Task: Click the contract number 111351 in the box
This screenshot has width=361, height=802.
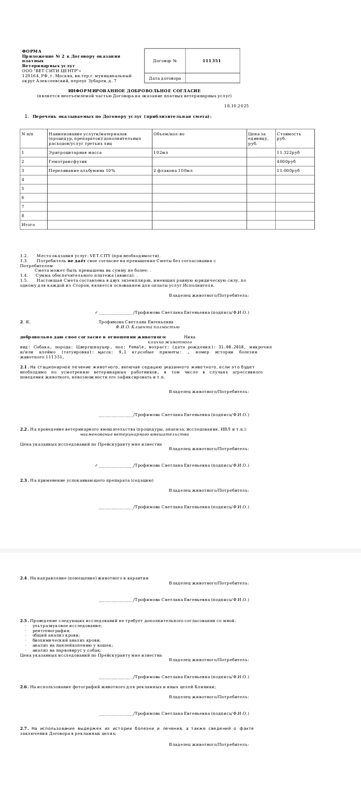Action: (x=212, y=61)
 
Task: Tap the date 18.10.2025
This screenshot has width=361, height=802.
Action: (x=236, y=106)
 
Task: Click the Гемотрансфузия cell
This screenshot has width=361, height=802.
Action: (x=68, y=161)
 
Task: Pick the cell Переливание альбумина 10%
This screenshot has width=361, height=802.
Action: (x=82, y=170)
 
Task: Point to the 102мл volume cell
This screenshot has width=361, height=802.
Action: (x=161, y=152)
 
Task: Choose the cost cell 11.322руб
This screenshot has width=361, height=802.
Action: (x=288, y=152)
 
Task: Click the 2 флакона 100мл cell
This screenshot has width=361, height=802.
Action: (x=173, y=170)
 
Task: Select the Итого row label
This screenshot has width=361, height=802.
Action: (x=28, y=225)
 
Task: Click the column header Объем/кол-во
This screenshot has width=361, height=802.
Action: (x=169, y=134)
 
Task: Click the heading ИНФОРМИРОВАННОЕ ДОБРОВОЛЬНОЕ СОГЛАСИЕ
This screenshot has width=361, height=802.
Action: (x=134, y=91)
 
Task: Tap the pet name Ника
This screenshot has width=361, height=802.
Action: (x=190, y=337)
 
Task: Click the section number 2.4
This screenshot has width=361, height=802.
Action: (x=24, y=578)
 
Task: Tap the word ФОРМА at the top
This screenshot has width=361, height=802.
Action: (x=32, y=51)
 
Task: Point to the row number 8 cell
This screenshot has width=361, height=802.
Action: (x=23, y=216)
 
